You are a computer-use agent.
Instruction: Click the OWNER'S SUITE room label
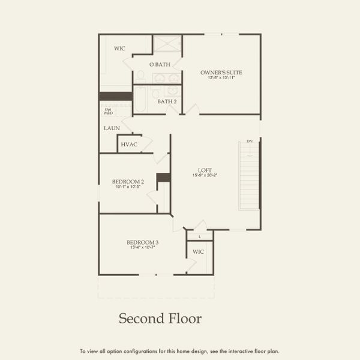221,73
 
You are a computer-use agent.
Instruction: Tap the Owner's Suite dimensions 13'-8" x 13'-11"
221,79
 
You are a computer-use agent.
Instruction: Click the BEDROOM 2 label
128,181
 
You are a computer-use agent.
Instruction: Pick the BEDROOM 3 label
141,242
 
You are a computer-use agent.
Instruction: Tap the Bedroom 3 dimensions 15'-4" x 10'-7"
141,247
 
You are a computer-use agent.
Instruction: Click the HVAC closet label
129,145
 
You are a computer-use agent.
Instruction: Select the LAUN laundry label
112,128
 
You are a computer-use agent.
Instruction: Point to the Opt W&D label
108,110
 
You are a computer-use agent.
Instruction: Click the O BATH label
160,64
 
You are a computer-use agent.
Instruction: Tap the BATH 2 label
167,101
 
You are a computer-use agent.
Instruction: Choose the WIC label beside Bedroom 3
198,251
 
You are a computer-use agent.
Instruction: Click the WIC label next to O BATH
119,49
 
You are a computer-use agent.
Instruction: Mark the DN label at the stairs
249,142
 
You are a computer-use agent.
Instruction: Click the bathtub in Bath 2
140,101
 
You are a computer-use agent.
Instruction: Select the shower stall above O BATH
167,44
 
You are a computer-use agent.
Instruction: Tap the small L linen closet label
199,236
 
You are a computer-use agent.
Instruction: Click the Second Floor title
160,317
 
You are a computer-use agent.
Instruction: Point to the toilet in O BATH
140,76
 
